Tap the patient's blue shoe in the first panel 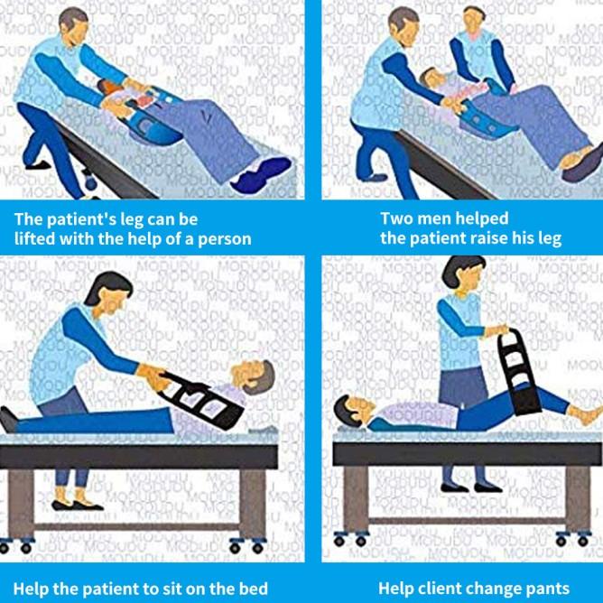262,175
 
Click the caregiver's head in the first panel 74,26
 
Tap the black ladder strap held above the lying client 518,372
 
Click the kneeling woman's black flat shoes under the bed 78,506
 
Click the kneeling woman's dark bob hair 107,286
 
